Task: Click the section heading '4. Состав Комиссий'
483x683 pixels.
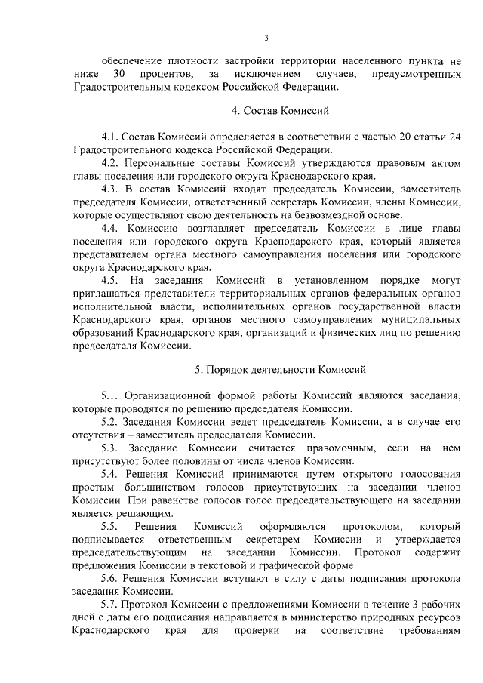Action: click(x=280, y=111)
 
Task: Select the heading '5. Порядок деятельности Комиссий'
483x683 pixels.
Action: click(x=280, y=370)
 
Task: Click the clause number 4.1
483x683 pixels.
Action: click(x=109, y=135)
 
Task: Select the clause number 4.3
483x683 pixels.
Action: click(x=109, y=188)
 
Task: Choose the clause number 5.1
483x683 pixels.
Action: click(x=109, y=395)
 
